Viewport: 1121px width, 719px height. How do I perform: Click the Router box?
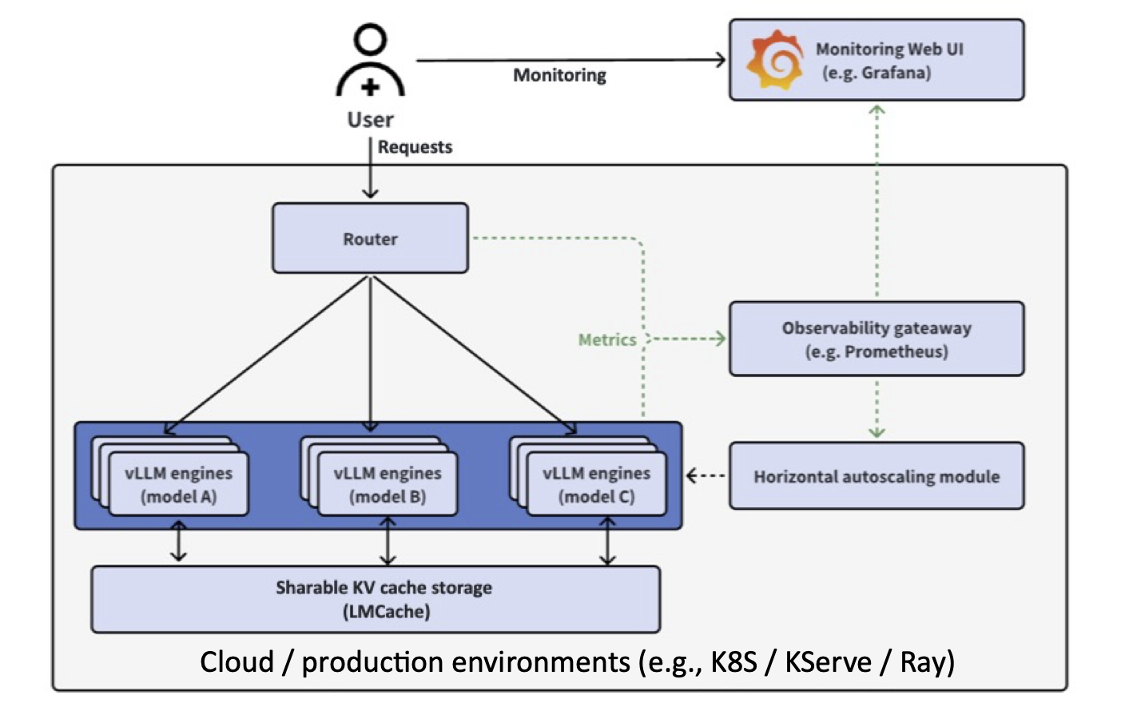(370, 238)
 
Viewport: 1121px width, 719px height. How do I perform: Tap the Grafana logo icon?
(773, 61)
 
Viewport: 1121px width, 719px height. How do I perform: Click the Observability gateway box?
(876, 339)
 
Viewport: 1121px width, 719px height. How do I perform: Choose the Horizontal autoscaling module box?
(876, 476)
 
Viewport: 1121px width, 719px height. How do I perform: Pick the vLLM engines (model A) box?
(178, 484)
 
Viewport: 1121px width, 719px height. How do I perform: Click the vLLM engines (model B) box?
(388, 484)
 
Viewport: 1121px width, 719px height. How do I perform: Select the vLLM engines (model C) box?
(596, 484)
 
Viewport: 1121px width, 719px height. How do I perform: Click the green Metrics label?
(607, 340)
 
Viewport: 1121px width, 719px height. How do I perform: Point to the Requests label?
(415, 147)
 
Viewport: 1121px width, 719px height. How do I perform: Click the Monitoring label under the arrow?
(559, 75)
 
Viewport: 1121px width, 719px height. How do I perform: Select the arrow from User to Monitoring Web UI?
(570, 60)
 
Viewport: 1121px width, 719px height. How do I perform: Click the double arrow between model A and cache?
(179, 541)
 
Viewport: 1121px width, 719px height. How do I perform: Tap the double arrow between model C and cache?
(607, 541)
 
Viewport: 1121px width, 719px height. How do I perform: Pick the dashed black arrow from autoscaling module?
(706, 476)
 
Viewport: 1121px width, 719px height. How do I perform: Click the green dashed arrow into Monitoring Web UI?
(877, 200)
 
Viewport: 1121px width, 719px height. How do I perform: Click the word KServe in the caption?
(828, 662)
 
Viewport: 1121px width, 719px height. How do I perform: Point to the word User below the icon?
(370, 120)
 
